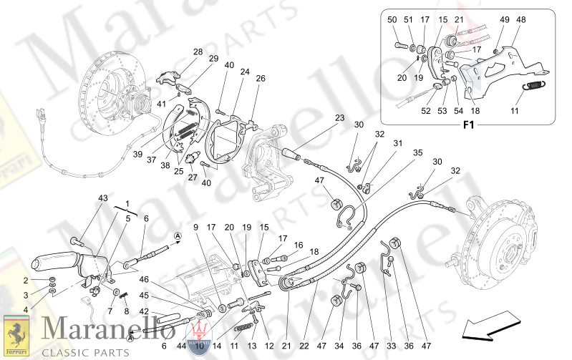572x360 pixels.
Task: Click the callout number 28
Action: click(198, 52)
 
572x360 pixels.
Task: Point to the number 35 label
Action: click(417, 152)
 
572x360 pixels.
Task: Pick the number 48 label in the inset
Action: click(520, 19)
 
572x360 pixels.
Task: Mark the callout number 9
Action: click(195, 227)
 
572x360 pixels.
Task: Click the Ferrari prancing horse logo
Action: click(14, 333)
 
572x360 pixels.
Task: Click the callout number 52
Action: click(426, 110)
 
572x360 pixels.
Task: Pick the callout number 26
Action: click(261, 79)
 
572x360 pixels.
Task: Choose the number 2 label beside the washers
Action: click(25, 281)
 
